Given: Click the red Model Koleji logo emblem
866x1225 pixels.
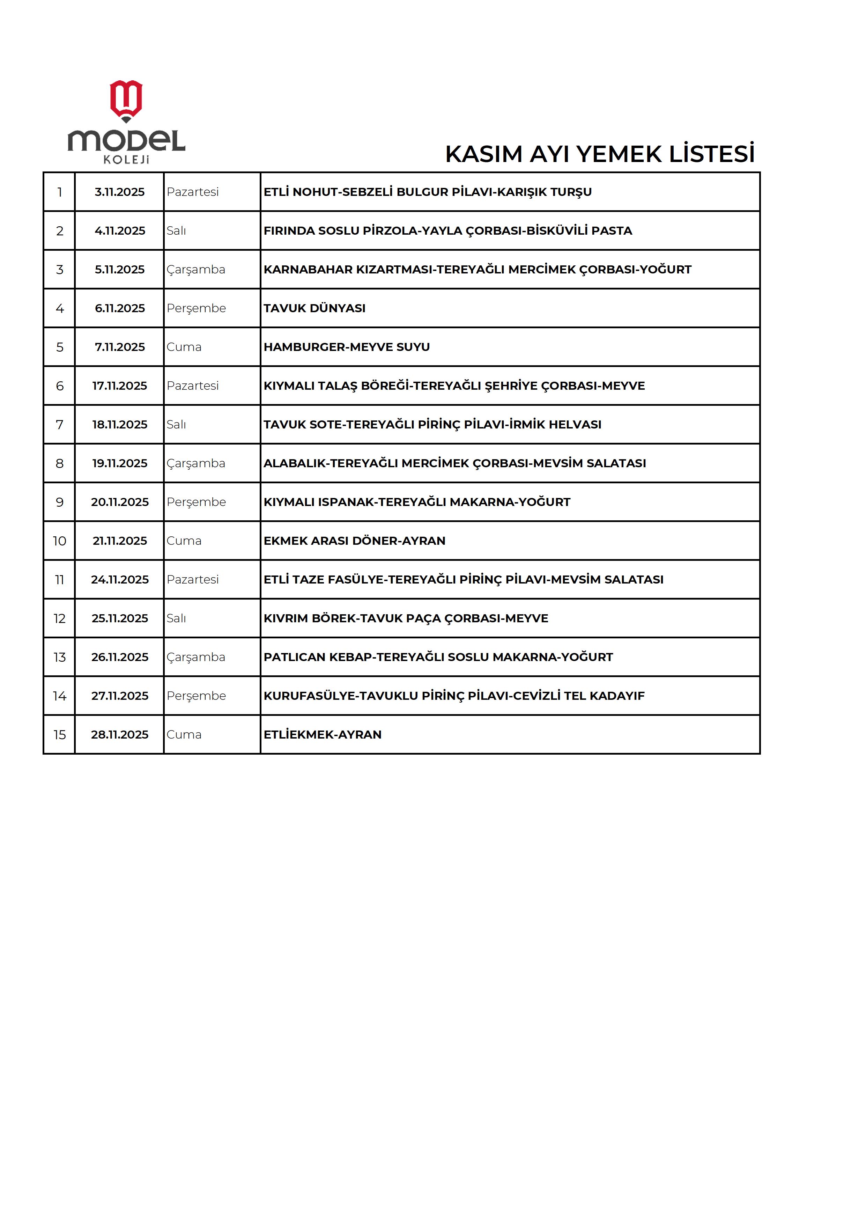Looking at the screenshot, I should tap(126, 100).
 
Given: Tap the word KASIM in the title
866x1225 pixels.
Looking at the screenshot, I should tap(483, 154).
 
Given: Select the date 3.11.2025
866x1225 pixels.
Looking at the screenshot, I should tap(119, 192).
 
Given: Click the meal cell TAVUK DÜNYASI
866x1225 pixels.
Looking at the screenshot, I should tap(314, 308).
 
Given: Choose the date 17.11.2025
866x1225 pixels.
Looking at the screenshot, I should tap(119, 386).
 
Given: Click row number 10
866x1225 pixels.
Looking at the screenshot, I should tap(59, 541).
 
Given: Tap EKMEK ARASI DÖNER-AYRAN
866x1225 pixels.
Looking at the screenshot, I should tap(354, 541).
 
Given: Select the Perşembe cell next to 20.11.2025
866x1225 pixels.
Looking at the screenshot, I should tap(196, 502).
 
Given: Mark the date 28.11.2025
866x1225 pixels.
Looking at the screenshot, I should tap(119, 735).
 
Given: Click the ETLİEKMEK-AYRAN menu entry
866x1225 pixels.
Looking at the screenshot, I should tap(322, 735).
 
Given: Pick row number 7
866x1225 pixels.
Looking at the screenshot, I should tap(59, 425).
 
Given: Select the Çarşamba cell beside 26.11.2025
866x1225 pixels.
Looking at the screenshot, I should tap(196, 657).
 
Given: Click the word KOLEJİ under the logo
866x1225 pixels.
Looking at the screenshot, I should tap(126, 160).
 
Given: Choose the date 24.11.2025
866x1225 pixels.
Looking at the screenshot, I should tap(119, 580).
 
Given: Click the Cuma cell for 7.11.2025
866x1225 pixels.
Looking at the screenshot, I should tap(184, 347).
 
